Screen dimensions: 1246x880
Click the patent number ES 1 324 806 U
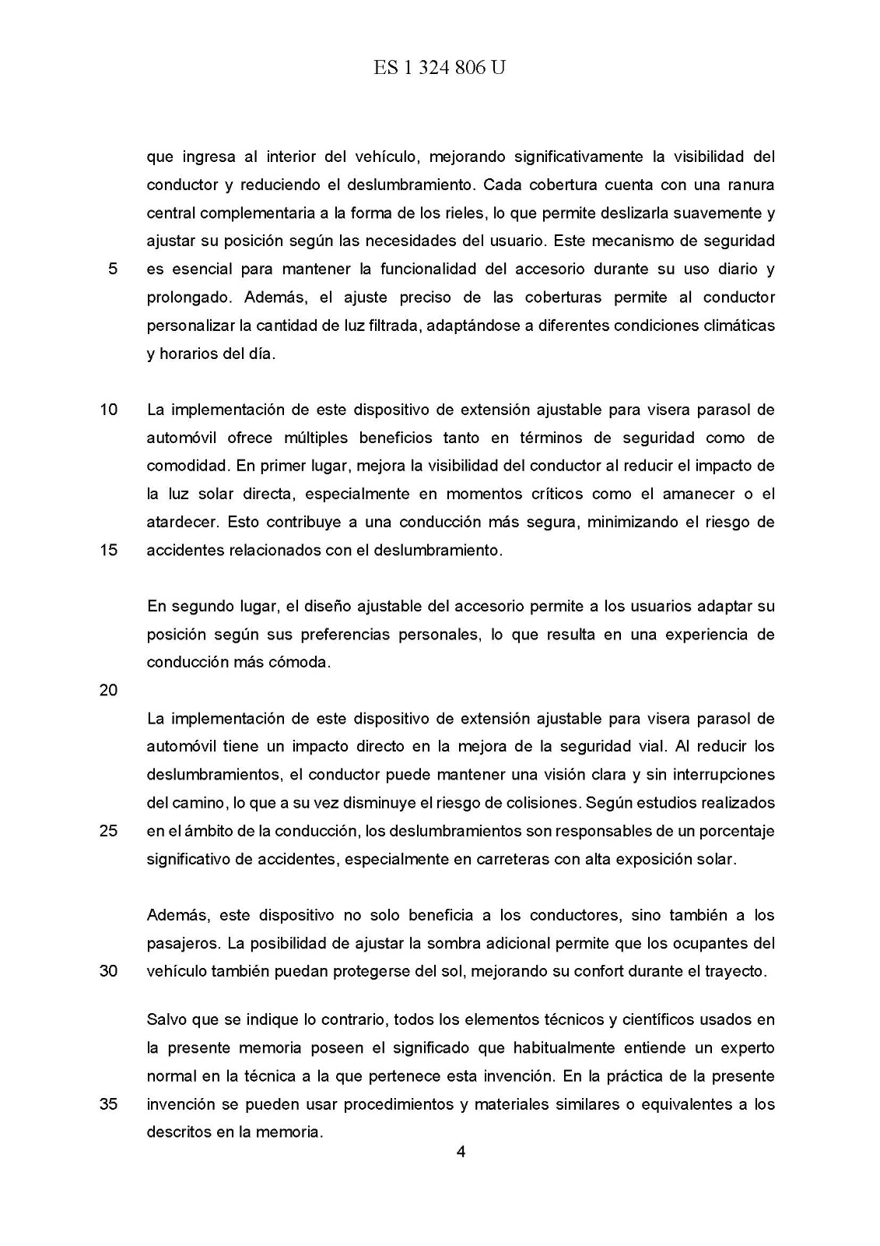(x=439, y=69)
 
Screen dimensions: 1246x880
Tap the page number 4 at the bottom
(x=461, y=1153)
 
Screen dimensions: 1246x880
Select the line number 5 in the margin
(x=113, y=269)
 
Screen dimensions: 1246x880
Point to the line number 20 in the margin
(x=108, y=690)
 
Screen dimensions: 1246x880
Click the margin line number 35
(x=108, y=1104)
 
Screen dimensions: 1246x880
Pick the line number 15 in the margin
(x=108, y=550)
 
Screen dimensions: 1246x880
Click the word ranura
(x=750, y=185)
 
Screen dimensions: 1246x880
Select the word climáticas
(x=735, y=326)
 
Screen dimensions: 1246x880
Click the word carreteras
(x=511, y=859)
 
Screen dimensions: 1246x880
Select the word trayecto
(x=737, y=971)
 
